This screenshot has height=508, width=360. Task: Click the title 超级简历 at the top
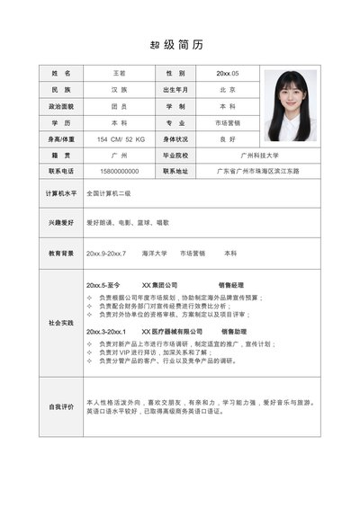(180, 44)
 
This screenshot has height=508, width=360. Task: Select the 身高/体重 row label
(60, 139)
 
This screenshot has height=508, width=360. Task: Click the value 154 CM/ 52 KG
(120, 139)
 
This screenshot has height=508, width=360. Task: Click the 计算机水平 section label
(60, 193)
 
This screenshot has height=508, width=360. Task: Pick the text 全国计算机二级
(109, 193)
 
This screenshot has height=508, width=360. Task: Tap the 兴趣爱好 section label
(60, 222)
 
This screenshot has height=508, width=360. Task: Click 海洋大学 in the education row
(154, 254)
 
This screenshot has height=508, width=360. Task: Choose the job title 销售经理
(231, 285)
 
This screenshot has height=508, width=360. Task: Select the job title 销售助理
(234, 332)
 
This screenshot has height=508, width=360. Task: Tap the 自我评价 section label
(60, 406)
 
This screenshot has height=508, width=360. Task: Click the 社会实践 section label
(60, 322)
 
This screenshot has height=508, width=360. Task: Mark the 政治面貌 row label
(60, 106)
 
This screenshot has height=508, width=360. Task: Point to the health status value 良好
(227, 139)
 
